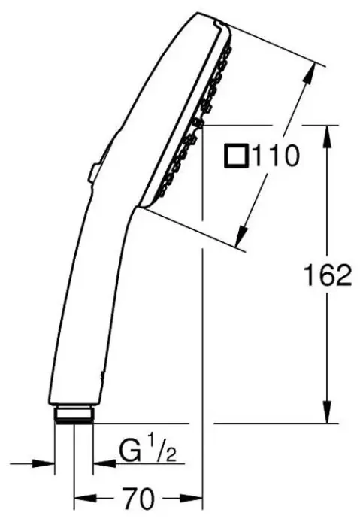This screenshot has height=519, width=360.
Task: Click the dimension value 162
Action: click(x=328, y=275)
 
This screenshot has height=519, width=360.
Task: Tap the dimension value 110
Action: click(x=276, y=156)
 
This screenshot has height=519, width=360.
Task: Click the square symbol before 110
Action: click(x=236, y=156)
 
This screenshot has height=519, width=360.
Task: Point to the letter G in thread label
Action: click(x=129, y=451)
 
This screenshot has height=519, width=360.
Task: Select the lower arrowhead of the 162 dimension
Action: click(x=327, y=411)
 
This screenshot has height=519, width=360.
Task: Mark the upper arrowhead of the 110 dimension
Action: click(x=310, y=74)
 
